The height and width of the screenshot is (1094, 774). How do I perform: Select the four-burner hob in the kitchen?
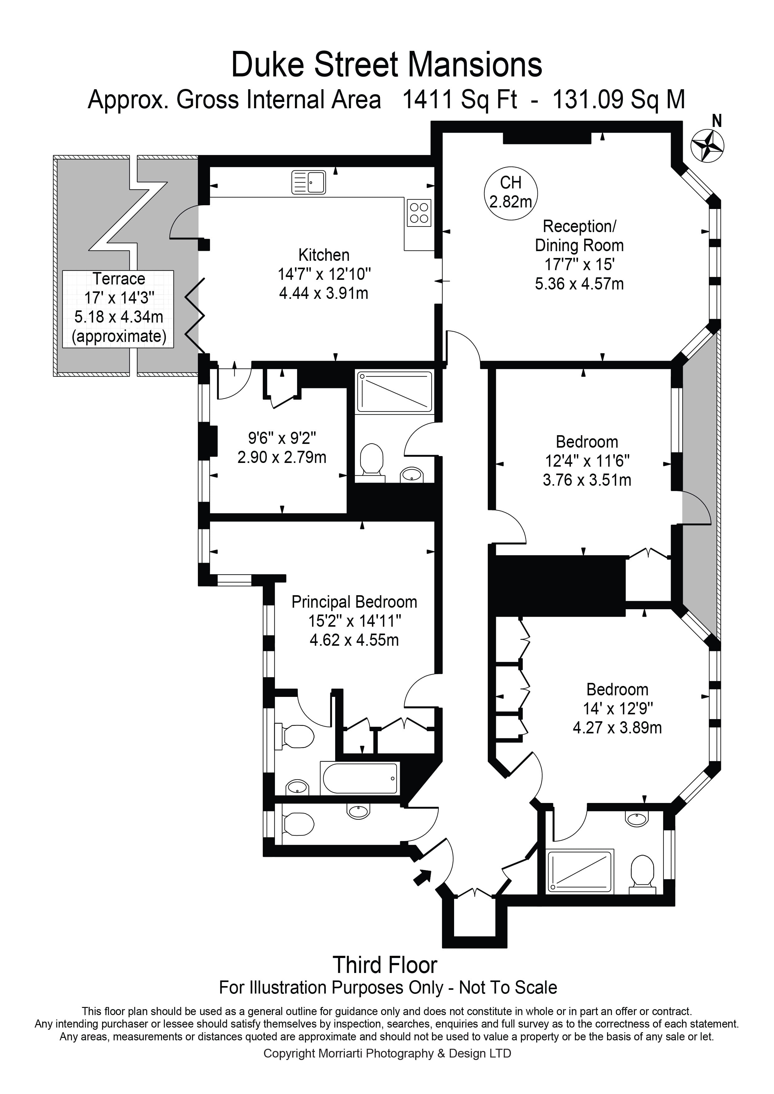click(419, 212)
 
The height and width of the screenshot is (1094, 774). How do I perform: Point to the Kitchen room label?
click(324, 255)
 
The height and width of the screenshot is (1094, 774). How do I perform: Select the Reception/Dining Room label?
click(579, 236)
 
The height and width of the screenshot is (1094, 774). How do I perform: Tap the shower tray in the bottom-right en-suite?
click(580, 872)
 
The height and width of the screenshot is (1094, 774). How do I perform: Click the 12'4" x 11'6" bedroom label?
click(587, 460)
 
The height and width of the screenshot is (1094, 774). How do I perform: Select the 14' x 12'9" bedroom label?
click(617, 708)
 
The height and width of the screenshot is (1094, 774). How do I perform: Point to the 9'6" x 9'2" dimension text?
click(282, 447)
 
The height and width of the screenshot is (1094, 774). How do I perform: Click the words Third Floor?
click(385, 965)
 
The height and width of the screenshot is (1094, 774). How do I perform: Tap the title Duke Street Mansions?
click(386, 65)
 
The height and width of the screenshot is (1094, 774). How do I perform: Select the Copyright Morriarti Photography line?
click(387, 1053)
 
